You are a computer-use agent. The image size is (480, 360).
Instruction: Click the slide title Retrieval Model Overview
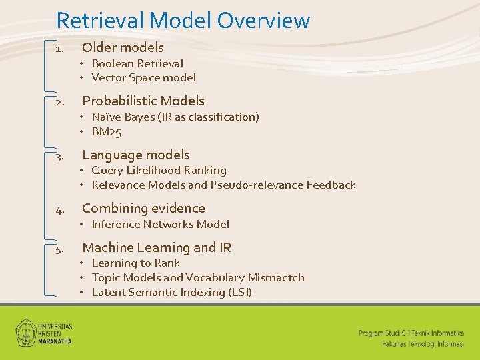point(183,20)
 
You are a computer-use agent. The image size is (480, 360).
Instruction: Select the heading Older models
point(123,47)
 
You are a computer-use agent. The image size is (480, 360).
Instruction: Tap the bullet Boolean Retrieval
point(137,63)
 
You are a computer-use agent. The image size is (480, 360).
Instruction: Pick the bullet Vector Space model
point(143,77)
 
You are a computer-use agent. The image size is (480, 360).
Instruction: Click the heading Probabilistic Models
point(143,101)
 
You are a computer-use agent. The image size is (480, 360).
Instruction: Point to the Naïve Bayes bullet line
point(175,117)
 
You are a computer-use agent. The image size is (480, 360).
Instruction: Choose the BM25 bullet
point(107,131)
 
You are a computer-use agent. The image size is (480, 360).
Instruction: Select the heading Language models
point(136,155)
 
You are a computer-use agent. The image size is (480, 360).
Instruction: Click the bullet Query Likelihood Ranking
point(159,170)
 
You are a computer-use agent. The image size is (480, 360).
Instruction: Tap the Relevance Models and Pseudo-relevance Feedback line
point(223,185)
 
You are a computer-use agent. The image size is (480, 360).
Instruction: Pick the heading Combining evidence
point(143,208)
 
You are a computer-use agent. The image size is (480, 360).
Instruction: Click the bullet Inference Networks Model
point(160,224)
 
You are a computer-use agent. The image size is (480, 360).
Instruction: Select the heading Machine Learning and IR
point(157,248)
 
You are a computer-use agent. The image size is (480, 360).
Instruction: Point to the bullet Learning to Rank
point(135,263)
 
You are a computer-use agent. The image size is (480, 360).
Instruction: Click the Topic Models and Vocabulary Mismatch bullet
point(197,277)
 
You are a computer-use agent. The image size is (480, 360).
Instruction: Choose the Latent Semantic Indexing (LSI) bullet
point(171,292)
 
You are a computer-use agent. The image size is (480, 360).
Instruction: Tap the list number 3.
point(59,157)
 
